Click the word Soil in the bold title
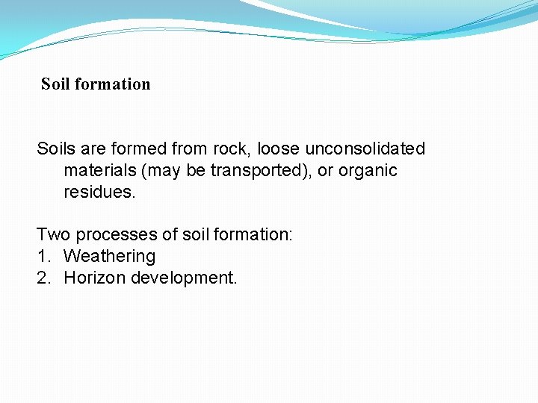55,84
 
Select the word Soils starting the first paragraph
56,149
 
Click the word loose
278,149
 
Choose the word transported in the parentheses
256,170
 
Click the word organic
368,170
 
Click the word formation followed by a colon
253,234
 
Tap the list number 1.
42,256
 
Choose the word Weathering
110,256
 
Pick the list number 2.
43,278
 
